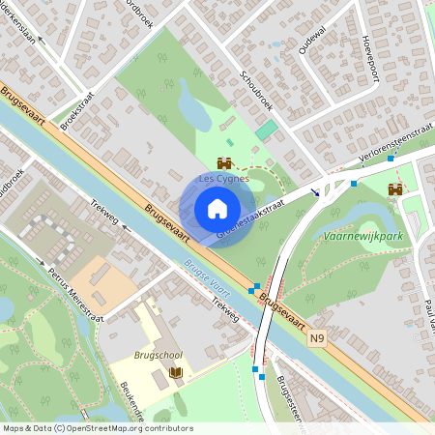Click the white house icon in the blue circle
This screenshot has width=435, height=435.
pos(217,208)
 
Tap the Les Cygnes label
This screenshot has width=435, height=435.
pos(223,179)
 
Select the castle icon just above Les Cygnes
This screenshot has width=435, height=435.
pos(225,163)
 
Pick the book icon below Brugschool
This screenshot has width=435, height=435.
pos(175,372)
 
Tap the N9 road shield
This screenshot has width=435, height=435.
pos(318,339)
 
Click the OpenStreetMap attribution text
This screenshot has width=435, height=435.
pos(97,427)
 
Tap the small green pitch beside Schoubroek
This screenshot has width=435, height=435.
pos(266,130)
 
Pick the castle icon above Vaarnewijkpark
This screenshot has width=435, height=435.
pos(394,190)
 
